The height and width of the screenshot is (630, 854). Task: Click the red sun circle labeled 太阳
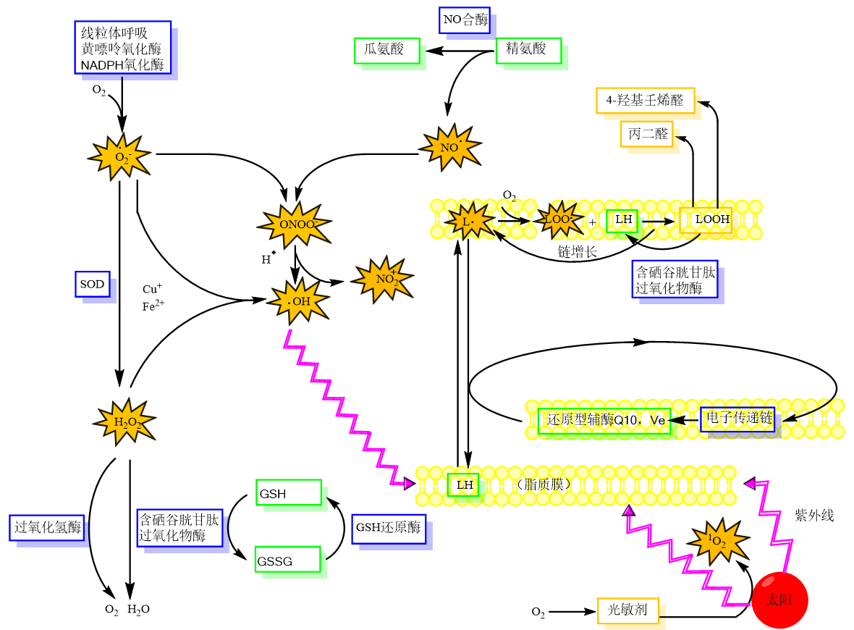[x=779, y=600]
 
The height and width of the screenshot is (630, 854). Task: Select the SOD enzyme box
[x=93, y=285]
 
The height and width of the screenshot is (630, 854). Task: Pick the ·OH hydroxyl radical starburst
[x=299, y=301]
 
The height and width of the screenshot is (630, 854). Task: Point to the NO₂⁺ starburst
[x=383, y=279]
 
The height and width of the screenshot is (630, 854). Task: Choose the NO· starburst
[x=450, y=147]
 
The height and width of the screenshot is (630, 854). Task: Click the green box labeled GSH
[x=288, y=492]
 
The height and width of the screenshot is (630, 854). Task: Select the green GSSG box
[x=288, y=560]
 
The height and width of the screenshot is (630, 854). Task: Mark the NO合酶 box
[x=465, y=20]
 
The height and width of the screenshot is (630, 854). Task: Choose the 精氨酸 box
[x=529, y=50]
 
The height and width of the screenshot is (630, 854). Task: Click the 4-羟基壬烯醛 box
[x=645, y=100]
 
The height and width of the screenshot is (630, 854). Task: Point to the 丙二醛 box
[x=646, y=134]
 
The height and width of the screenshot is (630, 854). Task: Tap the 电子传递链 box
[x=737, y=419]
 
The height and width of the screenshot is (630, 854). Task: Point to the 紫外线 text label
[x=814, y=516]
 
